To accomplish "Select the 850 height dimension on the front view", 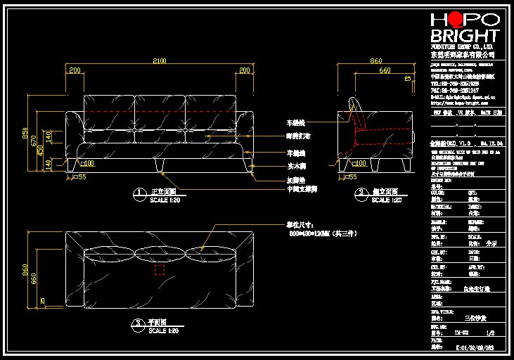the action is click(25, 132).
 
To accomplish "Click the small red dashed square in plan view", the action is click(160, 270).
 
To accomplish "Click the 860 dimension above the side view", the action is click(376, 61).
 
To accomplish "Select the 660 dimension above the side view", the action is click(385, 70).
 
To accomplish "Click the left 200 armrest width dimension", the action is click(74, 70).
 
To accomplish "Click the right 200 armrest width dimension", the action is click(245, 70).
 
